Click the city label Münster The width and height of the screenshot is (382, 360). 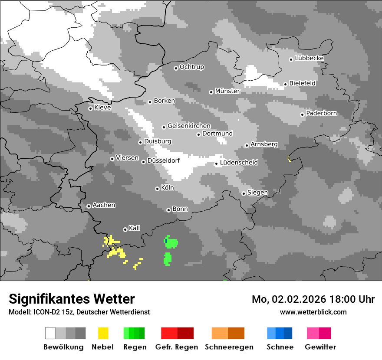(227, 91)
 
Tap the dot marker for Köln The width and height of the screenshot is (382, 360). (157, 189)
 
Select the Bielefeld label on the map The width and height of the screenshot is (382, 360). (303, 83)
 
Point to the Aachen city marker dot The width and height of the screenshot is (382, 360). (89, 206)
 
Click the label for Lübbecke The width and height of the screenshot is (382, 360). (310, 58)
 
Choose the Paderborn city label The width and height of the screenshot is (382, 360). (322, 114)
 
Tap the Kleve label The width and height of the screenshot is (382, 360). (102, 108)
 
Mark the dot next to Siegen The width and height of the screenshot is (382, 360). (244, 193)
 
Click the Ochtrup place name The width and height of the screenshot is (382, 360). (192, 67)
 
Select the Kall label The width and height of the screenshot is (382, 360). (135, 228)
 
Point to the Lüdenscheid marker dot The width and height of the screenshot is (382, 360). (216, 164)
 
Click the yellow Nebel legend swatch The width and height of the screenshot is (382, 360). (103, 333)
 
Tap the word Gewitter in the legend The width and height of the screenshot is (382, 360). (320, 347)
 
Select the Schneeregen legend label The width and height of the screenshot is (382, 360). (229, 347)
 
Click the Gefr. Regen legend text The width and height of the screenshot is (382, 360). (177, 347)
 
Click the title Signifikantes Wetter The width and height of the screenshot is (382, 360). (72, 299)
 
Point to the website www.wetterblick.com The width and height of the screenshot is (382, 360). (313, 312)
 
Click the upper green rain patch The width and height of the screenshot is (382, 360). (171, 242)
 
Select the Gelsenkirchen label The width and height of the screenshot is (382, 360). (189, 126)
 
